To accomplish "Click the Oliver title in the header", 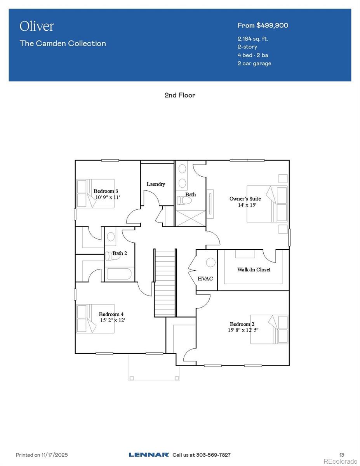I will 37,26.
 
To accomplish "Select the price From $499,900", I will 263,25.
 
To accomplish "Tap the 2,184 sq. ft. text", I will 253,39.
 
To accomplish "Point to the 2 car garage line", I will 254,63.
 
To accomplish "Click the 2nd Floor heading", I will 180,95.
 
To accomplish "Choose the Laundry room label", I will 156,184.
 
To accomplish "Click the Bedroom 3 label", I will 106,191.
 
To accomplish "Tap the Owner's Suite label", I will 245,199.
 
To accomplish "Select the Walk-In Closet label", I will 254,270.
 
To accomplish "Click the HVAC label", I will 205,278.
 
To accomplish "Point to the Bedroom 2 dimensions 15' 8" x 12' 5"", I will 243,330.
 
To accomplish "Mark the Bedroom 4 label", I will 111,314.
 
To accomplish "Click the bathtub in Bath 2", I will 120,274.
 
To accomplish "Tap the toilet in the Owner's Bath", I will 184,200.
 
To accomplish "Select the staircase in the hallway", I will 165,283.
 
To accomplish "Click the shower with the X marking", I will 190,218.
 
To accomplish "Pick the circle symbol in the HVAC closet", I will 210,263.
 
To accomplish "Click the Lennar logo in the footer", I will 149,455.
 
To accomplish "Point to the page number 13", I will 342,455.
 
